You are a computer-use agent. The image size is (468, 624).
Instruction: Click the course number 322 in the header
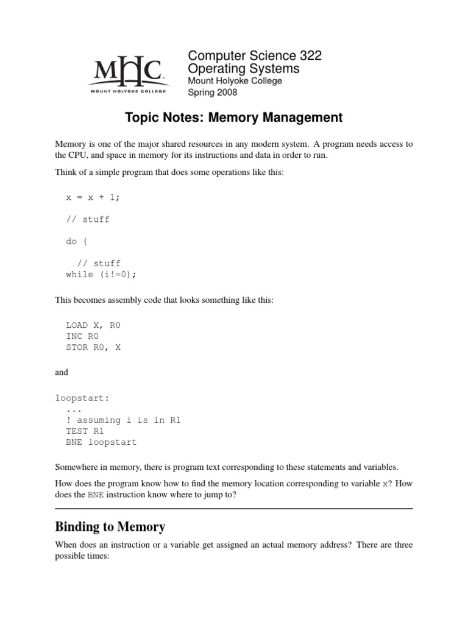(x=308, y=56)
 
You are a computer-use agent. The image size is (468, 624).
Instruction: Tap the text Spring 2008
(x=213, y=93)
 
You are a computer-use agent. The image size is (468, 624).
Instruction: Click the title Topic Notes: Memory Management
(x=234, y=117)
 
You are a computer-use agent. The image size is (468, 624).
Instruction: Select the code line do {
(x=77, y=241)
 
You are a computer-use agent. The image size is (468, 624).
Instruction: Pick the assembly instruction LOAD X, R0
(x=93, y=325)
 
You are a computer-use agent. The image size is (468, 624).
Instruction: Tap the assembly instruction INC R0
(x=82, y=336)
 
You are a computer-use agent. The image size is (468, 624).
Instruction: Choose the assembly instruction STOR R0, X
(x=93, y=347)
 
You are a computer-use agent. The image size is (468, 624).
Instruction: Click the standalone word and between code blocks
(x=62, y=372)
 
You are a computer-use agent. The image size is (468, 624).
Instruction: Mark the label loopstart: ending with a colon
(x=82, y=398)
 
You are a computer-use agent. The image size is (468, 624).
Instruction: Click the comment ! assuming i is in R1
(x=124, y=420)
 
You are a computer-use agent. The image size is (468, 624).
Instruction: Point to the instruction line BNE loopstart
(x=101, y=442)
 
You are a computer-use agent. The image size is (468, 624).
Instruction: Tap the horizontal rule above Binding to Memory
(x=234, y=509)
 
